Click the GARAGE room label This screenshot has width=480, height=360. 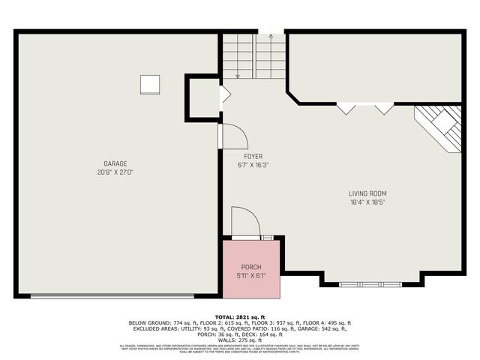pos(115,163)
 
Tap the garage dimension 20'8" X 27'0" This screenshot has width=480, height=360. pos(115,172)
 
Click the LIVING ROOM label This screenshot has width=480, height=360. pos(367,193)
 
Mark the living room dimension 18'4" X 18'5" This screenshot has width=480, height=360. pos(367,202)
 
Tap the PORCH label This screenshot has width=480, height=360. pos(251,267)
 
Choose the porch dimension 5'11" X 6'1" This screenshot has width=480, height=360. pos(251,275)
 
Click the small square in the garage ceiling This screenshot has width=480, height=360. pos(150,84)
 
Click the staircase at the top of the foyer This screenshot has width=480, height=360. pos(253,56)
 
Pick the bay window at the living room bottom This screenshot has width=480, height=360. pos(370,284)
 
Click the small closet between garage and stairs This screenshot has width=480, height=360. pos(202,97)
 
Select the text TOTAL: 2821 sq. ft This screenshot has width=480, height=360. pos(240,316)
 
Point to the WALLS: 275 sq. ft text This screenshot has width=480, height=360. pos(240,340)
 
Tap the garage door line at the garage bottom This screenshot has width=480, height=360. pos(112,295)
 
